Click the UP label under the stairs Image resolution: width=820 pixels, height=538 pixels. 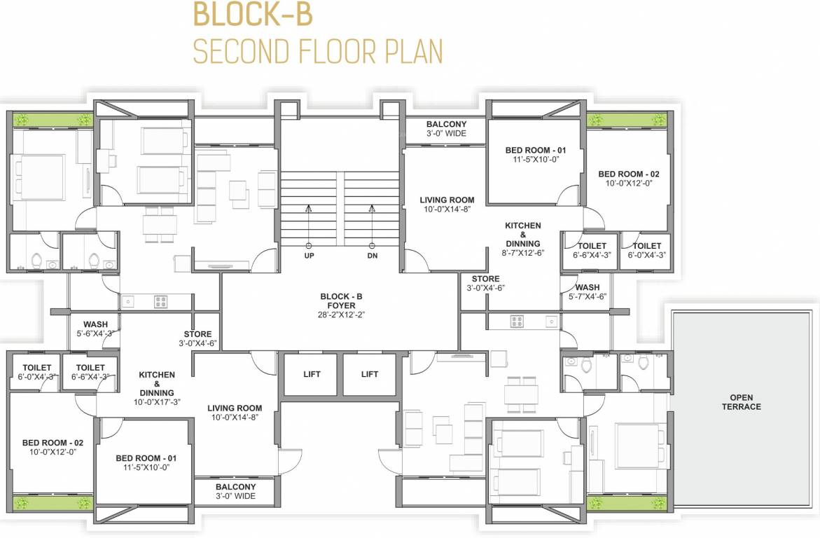coord(309,256)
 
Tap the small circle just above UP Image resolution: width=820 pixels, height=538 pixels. coord(308,245)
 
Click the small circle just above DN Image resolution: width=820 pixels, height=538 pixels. coord(371,245)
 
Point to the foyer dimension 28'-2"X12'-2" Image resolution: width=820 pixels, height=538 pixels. coord(341,315)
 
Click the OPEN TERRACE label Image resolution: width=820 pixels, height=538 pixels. coord(741,402)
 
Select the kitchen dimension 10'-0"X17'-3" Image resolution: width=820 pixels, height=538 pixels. coord(157,402)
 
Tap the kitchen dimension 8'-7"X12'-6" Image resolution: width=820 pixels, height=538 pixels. coord(523,252)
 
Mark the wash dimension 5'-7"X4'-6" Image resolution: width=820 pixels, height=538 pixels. coord(587,296)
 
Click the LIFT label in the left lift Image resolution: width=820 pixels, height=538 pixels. coord(312,374)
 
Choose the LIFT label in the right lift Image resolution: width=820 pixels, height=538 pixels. coord(370,374)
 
